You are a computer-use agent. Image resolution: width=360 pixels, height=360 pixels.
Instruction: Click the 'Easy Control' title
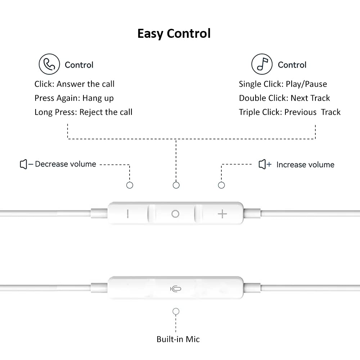pyautogui.click(x=174, y=34)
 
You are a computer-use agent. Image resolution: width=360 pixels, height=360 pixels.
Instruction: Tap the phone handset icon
pyautogui.click(x=49, y=64)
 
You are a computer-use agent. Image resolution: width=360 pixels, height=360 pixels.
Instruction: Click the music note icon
pyautogui.click(x=262, y=64)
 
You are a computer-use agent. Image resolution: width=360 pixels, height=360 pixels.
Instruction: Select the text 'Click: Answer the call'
pyautogui.click(x=75, y=84)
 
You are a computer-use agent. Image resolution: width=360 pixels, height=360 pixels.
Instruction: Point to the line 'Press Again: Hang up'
pyautogui.click(x=74, y=98)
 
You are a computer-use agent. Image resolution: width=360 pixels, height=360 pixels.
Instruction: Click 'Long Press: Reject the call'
pyautogui.click(x=84, y=112)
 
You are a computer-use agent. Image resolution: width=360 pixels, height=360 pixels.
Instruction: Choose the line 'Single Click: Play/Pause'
pyautogui.click(x=283, y=84)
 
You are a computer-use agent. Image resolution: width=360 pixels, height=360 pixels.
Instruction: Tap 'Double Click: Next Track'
pyautogui.click(x=284, y=98)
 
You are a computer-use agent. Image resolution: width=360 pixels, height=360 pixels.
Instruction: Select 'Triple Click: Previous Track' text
pyautogui.click(x=290, y=112)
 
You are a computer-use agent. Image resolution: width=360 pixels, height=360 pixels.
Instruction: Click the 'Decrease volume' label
pyautogui.click(x=66, y=164)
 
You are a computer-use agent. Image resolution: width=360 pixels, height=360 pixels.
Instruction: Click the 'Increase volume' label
pyautogui.click(x=305, y=165)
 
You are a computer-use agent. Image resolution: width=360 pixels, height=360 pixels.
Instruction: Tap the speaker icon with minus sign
pyautogui.click(x=26, y=165)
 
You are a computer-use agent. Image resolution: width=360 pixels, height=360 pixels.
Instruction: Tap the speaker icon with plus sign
pyautogui.click(x=265, y=165)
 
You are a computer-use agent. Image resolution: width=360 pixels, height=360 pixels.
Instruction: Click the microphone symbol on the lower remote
pyautogui.click(x=176, y=289)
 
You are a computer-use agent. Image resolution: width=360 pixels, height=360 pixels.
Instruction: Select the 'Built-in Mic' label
pyautogui.click(x=178, y=339)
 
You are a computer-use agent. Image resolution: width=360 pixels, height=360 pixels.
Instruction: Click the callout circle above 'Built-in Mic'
pyautogui.click(x=176, y=311)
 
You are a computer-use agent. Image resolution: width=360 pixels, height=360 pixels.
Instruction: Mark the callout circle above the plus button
pyautogui.click(x=221, y=185)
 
